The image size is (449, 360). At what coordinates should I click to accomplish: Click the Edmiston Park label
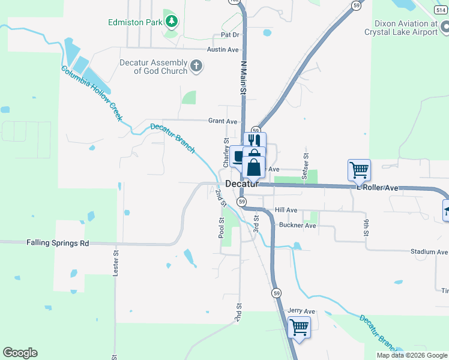135,22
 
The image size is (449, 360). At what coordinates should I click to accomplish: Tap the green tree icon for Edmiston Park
172,22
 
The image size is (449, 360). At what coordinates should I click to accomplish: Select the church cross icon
196,67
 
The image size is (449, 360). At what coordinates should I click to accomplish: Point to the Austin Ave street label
223,50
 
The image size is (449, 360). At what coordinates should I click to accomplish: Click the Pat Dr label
231,36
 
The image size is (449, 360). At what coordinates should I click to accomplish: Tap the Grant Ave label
223,121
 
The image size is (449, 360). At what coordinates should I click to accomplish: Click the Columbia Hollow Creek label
92,94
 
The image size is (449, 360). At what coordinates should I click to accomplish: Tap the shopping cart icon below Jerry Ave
299,327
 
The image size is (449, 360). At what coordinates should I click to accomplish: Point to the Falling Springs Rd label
58,243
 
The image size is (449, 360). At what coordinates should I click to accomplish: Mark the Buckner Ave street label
297,226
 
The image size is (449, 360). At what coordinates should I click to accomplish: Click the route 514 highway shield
440,9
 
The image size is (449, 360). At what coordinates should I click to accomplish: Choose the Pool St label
221,229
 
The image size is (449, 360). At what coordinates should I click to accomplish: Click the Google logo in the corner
20,353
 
